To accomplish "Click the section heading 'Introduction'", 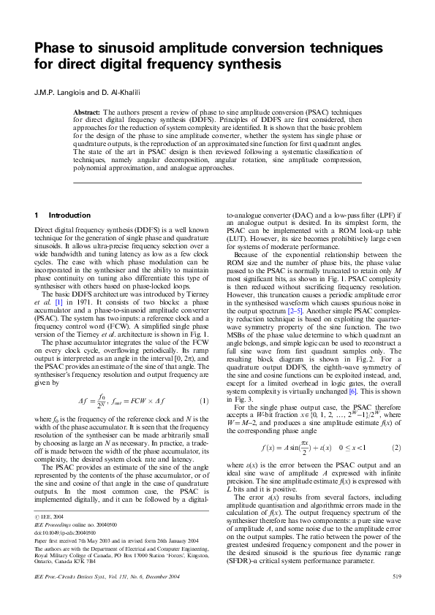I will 69,215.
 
